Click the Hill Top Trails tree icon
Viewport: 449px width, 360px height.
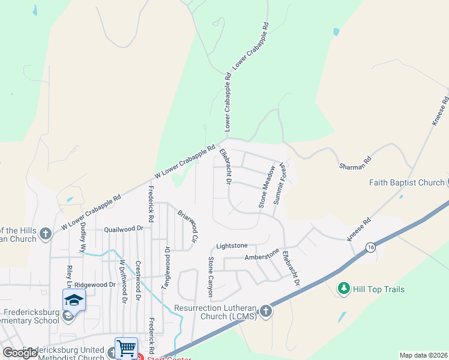pyautogui.click(x=343, y=289)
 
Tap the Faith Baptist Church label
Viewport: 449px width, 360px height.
pyautogui.click(x=406, y=183)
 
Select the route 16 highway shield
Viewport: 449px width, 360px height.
pyautogui.click(x=372, y=247)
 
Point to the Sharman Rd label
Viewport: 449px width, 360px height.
pyautogui.click(x=356, y=160)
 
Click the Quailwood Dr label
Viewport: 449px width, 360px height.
pyautogui.click(x=124, y=229)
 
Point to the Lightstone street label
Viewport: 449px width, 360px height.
pyautogui.click(x=232, y=246)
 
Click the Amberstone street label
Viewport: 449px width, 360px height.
pyautogui.click(x=262, y=256)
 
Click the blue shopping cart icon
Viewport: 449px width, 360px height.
pyautogui.click(x=126, y=347)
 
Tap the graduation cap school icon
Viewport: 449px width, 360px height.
pyautogui.click(x=74, y=299)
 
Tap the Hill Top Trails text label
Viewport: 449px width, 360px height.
pyautogui.click(x=379, y=289)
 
